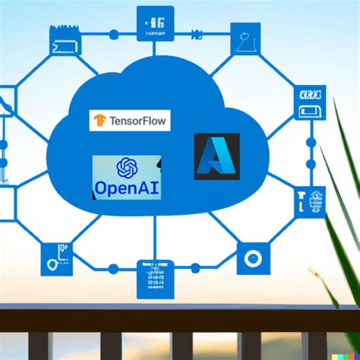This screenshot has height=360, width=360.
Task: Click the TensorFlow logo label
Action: point(129,120)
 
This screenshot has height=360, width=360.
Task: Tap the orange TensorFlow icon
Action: point(99,120)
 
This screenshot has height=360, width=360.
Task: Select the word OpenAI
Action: point(127,186)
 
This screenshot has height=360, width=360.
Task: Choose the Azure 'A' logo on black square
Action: point(216,156)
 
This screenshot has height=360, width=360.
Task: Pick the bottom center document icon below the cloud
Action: point(155,278)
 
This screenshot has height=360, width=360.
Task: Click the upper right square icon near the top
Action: point(245,38)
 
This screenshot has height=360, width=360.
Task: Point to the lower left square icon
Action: point(57,259)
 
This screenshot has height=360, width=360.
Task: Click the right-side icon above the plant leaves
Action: point(309,103)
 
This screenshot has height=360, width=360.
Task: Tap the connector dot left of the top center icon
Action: point(114,34)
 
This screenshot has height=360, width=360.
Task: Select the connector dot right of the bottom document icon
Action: point(195,268)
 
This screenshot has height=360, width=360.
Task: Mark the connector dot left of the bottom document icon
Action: point(113,268)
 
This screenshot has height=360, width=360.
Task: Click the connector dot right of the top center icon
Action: point(195,34)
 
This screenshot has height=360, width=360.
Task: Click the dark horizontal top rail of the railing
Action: point(180,314)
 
